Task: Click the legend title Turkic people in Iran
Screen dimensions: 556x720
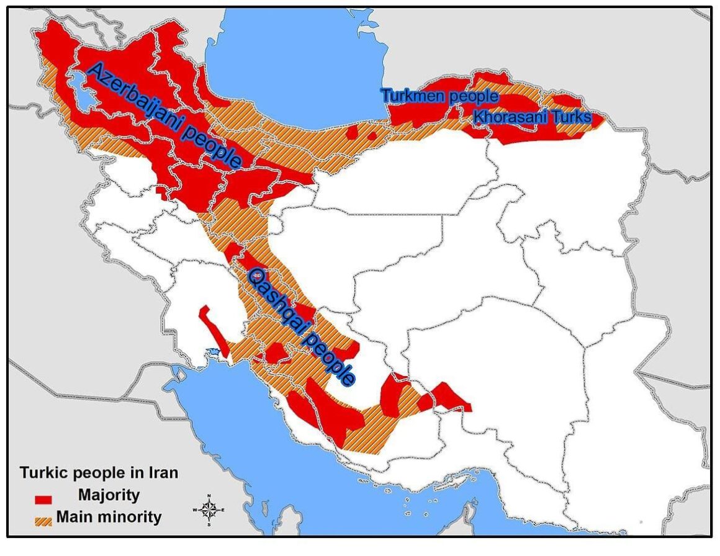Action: click(x=99, y=473)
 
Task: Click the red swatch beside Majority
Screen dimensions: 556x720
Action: click(x=43, y=498)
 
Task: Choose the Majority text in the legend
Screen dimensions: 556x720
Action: click(x=109, y=495)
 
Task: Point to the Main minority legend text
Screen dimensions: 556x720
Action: click(x=109, y=517)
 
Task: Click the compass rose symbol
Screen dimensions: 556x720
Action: click(x=209, y=510)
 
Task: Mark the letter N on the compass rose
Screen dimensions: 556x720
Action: click(x=209, y=496)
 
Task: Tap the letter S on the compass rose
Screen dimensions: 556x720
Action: click(x=209, y=524)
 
